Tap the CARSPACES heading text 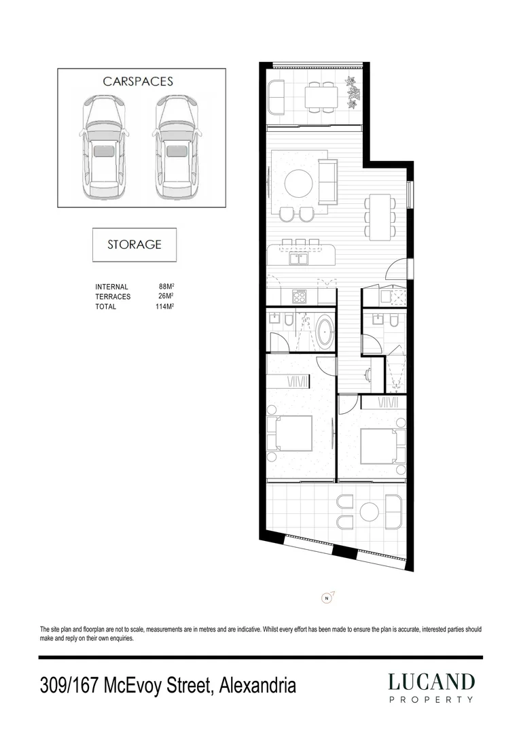138,81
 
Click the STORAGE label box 135,245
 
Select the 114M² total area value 165,307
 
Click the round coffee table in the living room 298,182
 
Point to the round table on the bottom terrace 370,511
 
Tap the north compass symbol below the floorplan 327,598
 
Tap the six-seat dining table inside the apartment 380,216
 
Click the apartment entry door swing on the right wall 398,270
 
